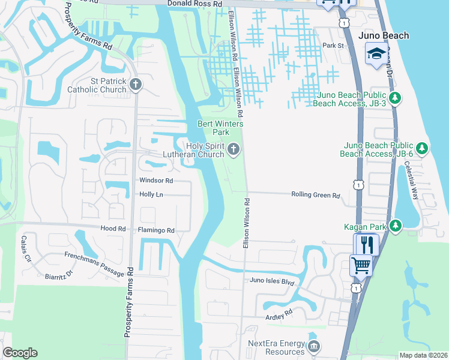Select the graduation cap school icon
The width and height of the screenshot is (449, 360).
point(376,54)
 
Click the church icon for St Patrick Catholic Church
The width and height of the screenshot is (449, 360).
point(135,83)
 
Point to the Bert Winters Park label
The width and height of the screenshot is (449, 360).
point(214,128)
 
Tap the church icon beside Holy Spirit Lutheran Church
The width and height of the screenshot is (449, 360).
point(234,149)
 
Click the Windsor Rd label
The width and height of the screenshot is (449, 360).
point(156,180)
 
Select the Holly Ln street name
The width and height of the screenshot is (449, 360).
point(151,194)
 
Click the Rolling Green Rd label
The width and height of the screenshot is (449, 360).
point(316,195)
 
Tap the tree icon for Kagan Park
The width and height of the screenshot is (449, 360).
point(395,226)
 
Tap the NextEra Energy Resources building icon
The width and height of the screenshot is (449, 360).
point(313,347)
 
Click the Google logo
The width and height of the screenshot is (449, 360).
point(20,353)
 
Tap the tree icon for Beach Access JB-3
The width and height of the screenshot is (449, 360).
point(395,98)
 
